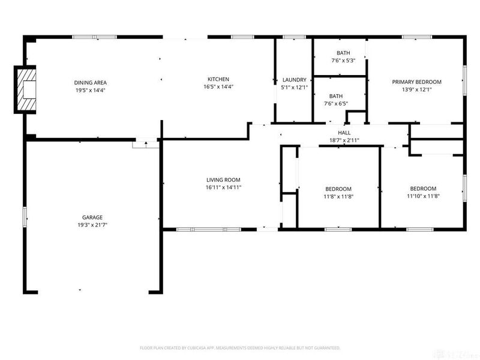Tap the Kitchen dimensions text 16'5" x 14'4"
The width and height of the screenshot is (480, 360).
pos(218,87)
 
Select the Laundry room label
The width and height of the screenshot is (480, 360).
pos(294,80)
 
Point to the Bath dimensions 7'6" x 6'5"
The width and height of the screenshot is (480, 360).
pos(335,104)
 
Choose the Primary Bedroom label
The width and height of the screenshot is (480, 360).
pos(416,82)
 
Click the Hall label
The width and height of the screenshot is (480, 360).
pos(344,133)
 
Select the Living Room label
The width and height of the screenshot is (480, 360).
pos(223,179)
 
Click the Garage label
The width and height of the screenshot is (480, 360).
pos(92,217)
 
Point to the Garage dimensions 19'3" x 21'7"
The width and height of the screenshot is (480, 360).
pos(92,225)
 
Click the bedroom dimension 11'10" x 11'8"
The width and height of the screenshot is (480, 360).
pos(423,196)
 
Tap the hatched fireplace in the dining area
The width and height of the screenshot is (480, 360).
pos(25,90)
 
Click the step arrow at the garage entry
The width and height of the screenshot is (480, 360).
pos(146,144)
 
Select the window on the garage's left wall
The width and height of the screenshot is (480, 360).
pos(25,217)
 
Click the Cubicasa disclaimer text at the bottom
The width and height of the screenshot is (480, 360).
pos(240,347)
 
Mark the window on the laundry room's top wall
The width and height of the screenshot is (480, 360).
pos(294,37)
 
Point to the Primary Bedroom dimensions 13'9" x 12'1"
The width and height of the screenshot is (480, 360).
pos(416,89)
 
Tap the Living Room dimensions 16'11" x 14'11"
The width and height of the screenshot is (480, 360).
pos(223,187)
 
